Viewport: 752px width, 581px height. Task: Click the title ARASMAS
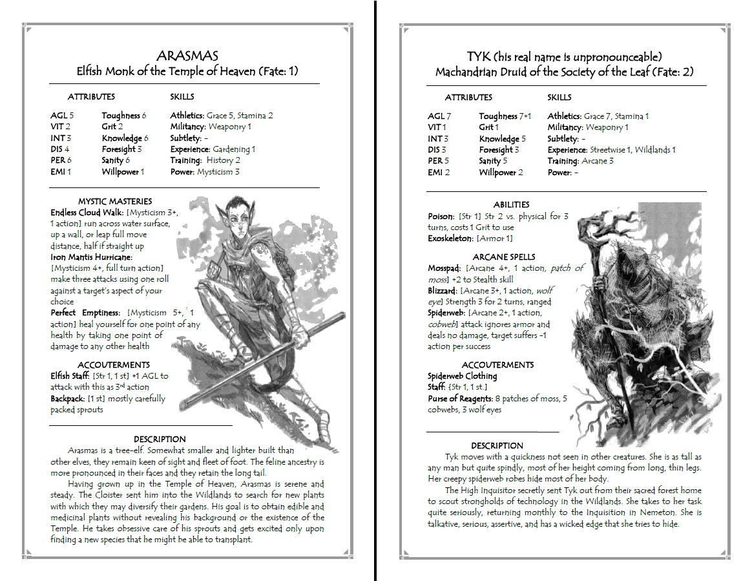pos(187,56)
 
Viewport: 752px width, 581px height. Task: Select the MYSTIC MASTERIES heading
pos(114,201)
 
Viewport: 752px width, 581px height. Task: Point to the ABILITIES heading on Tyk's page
pos(511,204)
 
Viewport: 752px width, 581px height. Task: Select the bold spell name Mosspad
pos(443,268)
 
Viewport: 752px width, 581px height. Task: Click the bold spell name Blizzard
pos(441,291)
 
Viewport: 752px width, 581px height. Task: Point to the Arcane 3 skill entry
pos(598,161)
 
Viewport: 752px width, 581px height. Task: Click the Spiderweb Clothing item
pos(462,376)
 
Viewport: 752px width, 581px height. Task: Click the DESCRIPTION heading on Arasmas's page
pos(160,439)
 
